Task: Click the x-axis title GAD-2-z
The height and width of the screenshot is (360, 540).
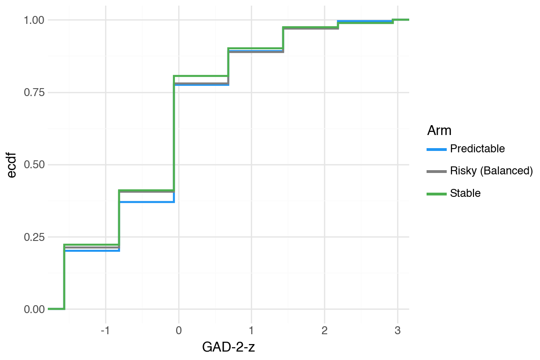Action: click(x=229, y=347)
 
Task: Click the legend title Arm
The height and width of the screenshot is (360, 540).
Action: click(x=439, y=130)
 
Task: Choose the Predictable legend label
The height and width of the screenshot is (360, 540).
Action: click(x=477, y=149)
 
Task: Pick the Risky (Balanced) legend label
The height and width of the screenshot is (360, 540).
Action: click(x=491, y=171)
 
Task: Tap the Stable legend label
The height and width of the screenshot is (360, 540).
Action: click(x=465, y=193)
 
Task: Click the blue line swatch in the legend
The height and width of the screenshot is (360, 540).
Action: click(x=436, y=150)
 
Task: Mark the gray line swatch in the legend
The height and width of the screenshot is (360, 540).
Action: click(x=436, y=172)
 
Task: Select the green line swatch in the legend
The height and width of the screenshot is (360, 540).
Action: click(x=436, y=194)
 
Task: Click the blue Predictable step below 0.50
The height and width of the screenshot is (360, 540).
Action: click(x=147, y=202)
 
